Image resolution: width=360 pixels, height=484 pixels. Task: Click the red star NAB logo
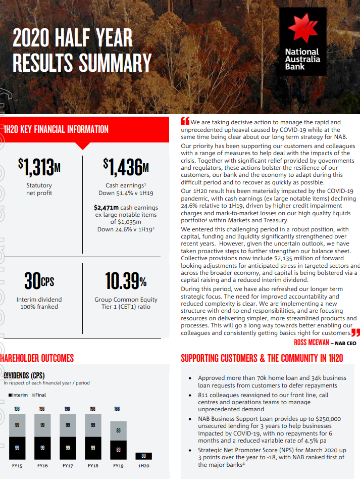tap(301, 29)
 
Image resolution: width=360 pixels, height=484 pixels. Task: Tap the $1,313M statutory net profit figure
tap(39, 166)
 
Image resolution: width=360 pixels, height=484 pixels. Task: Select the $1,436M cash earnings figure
tap(126, 166)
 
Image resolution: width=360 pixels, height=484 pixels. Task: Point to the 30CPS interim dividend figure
tap(39, 281)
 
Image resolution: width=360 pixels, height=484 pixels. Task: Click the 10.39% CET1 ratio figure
tap(126, 281)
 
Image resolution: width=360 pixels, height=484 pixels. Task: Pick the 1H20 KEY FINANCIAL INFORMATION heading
tap(56, 129)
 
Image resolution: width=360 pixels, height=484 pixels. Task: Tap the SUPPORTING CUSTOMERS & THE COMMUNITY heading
tap(262, 358)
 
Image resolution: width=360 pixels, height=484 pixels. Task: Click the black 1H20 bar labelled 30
tap(143, 456)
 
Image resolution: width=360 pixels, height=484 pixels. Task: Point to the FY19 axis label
tap(118, 465)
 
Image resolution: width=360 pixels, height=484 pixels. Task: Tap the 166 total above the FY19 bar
tap(117, 409)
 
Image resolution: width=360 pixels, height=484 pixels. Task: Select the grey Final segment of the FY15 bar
tap(17, 425)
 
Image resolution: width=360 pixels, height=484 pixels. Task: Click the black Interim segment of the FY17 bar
tap(68, 448)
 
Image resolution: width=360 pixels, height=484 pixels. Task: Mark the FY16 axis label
tap(42, 465)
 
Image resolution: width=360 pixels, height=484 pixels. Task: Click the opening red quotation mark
tap(185, 121)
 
